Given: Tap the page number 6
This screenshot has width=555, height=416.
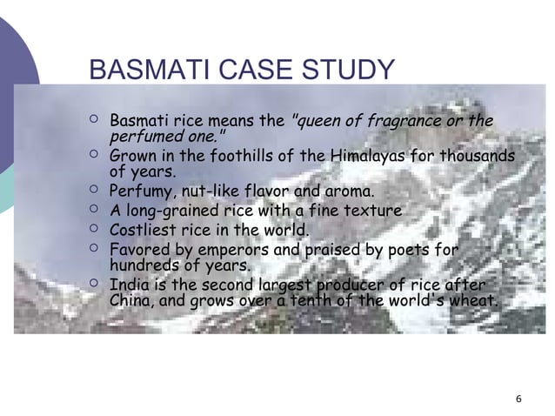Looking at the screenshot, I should click(518, 399).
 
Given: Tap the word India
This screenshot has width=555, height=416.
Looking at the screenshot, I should click(127, 286).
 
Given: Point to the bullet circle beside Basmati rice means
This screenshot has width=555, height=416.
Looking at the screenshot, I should click(94, 119).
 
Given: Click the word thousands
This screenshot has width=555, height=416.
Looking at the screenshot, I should click(478, 157).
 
